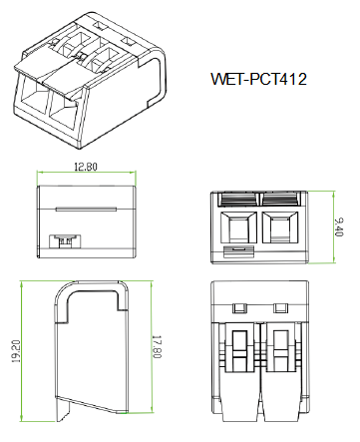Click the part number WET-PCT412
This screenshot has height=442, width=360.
pos(258,79)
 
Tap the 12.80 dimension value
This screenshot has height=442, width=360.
pos(86,167)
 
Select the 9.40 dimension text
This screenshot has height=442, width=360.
pos(339,227)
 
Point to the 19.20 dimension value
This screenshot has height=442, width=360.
pos(16,351)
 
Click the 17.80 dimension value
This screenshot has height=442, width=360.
pos(157,347)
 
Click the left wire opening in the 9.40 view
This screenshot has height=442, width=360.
pos(238,227)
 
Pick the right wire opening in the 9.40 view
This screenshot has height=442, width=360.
pos(280,227)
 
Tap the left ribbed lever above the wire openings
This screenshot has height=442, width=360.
pos(237,200)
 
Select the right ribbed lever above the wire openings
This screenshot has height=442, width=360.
pos(281,200)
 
